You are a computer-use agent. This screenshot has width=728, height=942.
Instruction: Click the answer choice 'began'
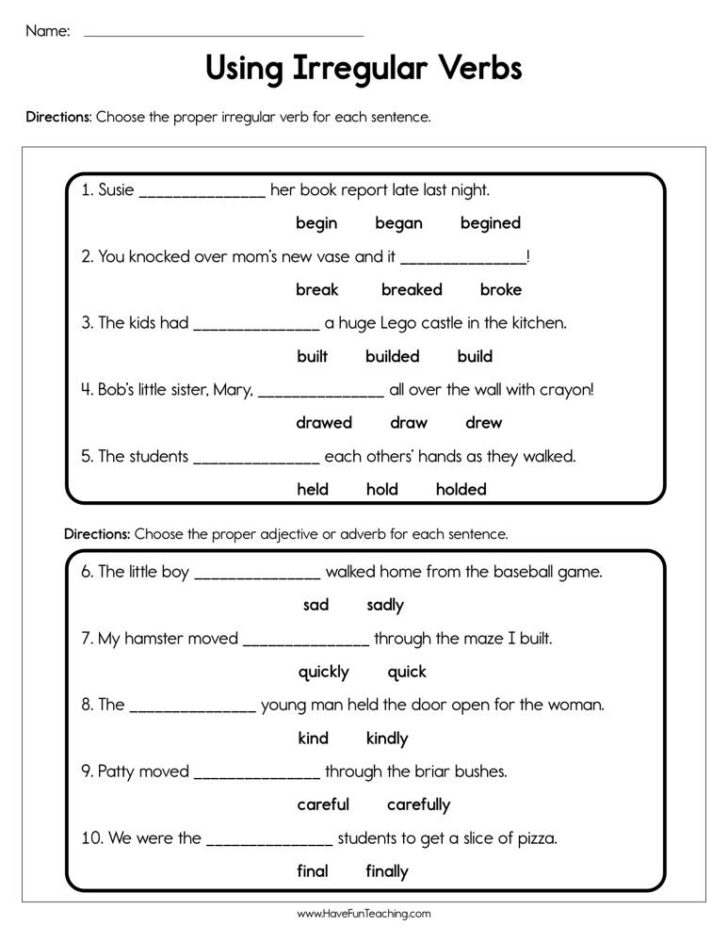click(x=398, y=223)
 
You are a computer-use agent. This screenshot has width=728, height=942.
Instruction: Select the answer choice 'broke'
click(x=500, y=289)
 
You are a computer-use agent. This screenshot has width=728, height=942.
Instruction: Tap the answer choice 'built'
click(x=312, y=356)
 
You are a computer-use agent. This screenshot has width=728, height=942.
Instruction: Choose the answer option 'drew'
click(x=483, y=422)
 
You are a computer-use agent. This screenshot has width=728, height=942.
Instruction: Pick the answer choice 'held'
click(x=312, y=489)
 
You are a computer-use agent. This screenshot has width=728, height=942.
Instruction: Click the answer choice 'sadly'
click(x=385, y=605)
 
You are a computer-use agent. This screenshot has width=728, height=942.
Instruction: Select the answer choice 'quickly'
click(x=323, y=672)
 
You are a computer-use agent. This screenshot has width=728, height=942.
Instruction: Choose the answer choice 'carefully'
click(x=418, y=805)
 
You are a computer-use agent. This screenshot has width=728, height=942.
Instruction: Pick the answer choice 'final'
click(x=312, y=871)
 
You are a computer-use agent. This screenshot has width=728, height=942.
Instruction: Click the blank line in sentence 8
click(x=193, y=710)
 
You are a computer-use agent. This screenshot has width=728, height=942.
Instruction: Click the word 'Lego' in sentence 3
click(x=425, y=323)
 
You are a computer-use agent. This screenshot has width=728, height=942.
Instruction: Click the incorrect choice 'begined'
click(x=490, y=223)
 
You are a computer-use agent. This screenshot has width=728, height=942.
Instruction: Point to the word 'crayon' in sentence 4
click(x=567, y=390)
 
